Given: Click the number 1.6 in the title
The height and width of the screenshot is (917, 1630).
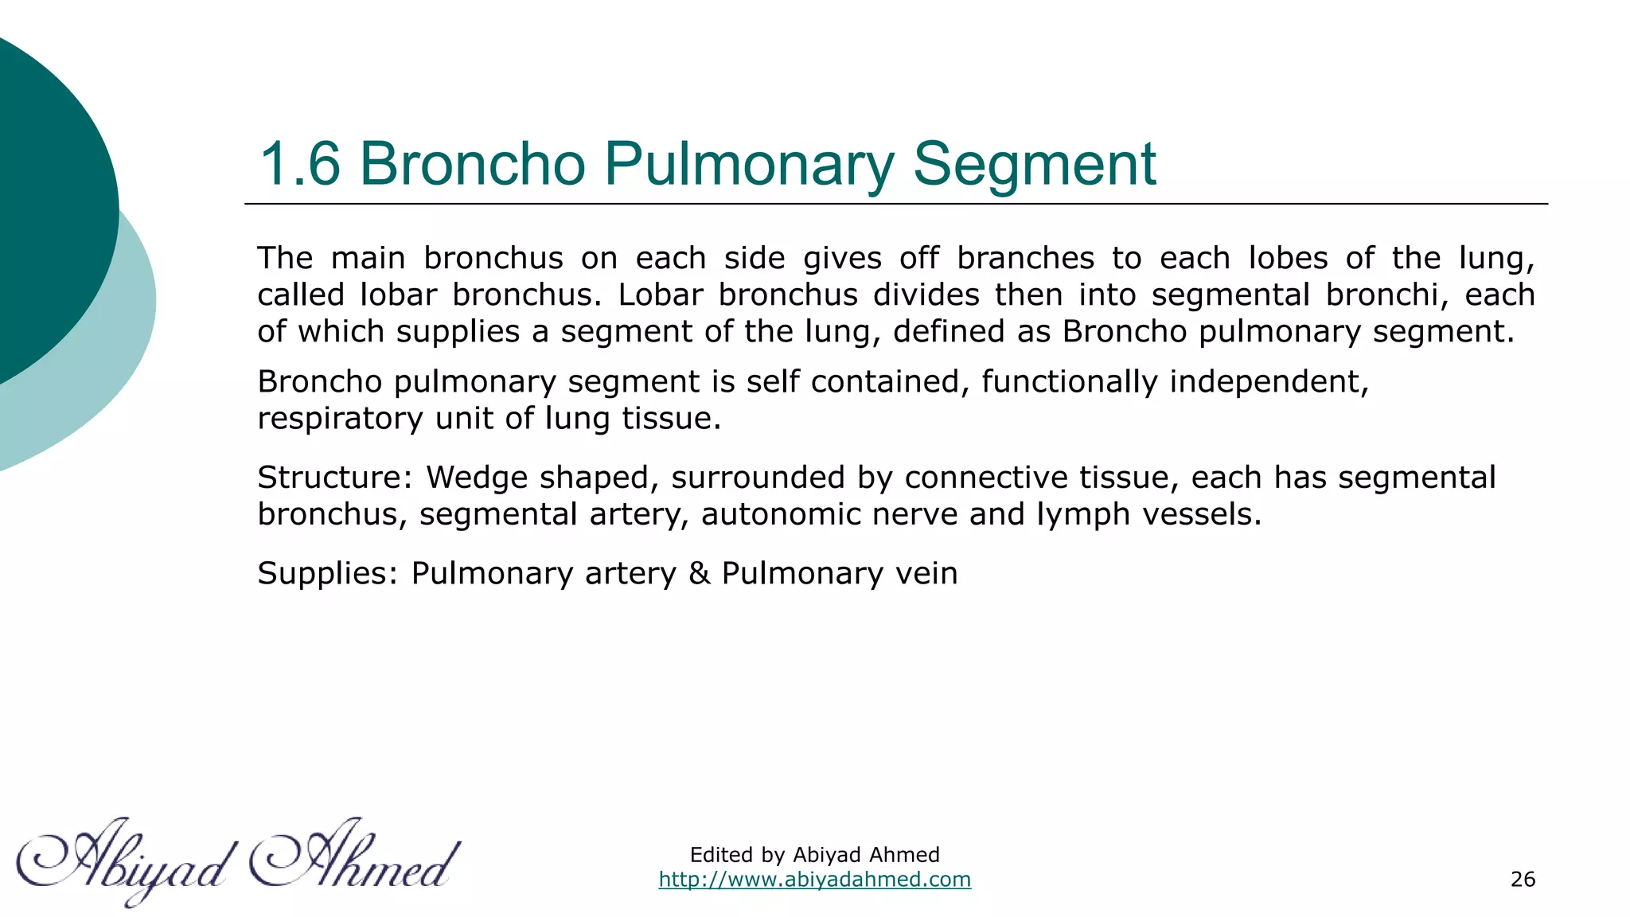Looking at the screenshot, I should click(300, 165).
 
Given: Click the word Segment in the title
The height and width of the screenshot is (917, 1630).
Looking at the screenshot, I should click(1034, 165).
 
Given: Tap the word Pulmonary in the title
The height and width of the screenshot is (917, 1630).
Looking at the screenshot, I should click(748, 165).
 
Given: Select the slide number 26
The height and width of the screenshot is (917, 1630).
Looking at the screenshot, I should click(1523, 880).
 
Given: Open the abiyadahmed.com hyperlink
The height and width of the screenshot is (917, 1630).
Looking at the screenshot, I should click(814, 880).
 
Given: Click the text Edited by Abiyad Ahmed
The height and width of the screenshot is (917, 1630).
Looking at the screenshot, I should click(814, 855).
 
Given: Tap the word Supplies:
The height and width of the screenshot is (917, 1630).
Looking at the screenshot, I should click(327, 573).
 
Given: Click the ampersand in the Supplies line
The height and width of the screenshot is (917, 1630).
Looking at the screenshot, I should click(699, 573).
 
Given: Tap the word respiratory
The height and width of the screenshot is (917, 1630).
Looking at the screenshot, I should click(340, 419).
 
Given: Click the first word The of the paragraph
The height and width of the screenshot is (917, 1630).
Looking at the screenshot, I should click(285, 259).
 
